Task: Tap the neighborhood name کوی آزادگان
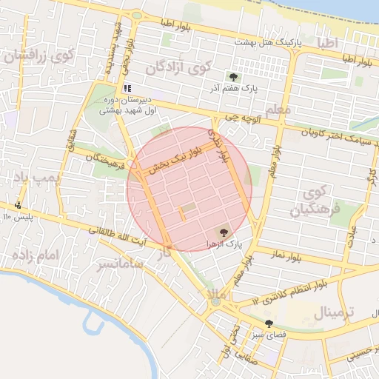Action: click(178, 68)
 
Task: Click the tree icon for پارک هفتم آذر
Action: click(233, 77)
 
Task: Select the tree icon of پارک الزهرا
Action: click(225, 232)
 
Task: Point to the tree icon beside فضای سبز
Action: click(269, 323)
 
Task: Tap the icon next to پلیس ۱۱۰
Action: click(18, 205)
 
